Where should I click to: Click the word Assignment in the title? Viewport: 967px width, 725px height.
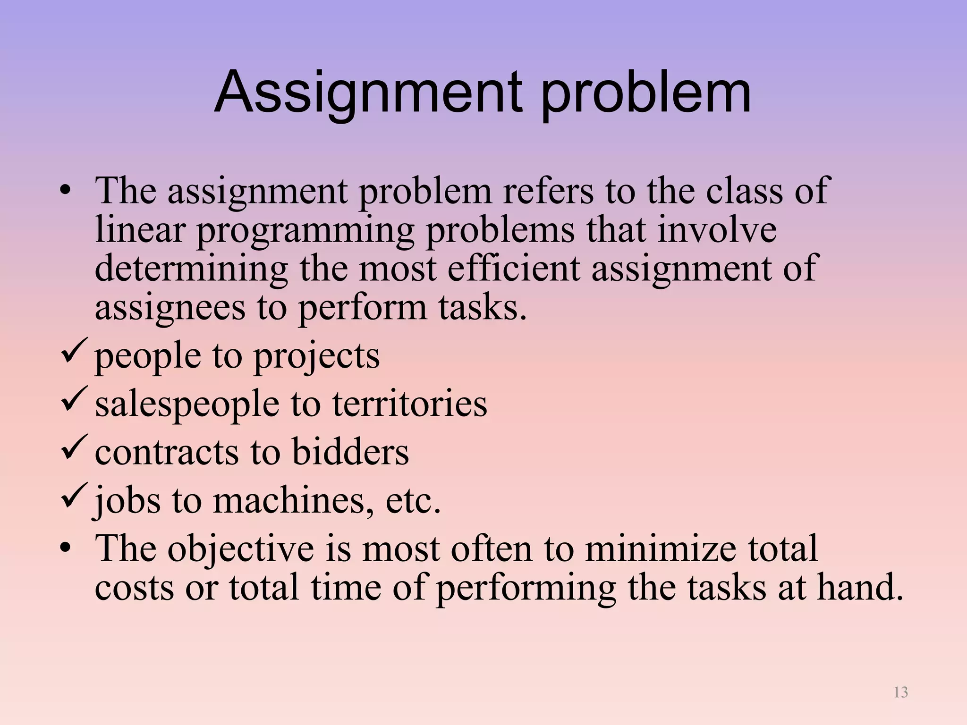tap(368, 93)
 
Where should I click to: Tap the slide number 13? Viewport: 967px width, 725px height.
tap(901, 692)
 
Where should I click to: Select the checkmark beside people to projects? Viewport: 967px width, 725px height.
tap(73, 350)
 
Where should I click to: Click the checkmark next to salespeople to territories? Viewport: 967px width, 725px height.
tap(73, 398)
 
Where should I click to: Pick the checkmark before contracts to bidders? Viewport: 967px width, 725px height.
tap(73, 447)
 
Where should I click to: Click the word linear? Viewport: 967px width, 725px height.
tap(140, 230)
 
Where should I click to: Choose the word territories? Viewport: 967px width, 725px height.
tap(409, 404)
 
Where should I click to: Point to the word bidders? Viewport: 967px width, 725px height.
tap(350, 452)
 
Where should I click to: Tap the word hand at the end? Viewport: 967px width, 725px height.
tap(857, 587)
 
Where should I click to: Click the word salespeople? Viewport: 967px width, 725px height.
tap(187, 405)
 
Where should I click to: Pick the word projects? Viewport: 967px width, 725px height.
tap(316, 357)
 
